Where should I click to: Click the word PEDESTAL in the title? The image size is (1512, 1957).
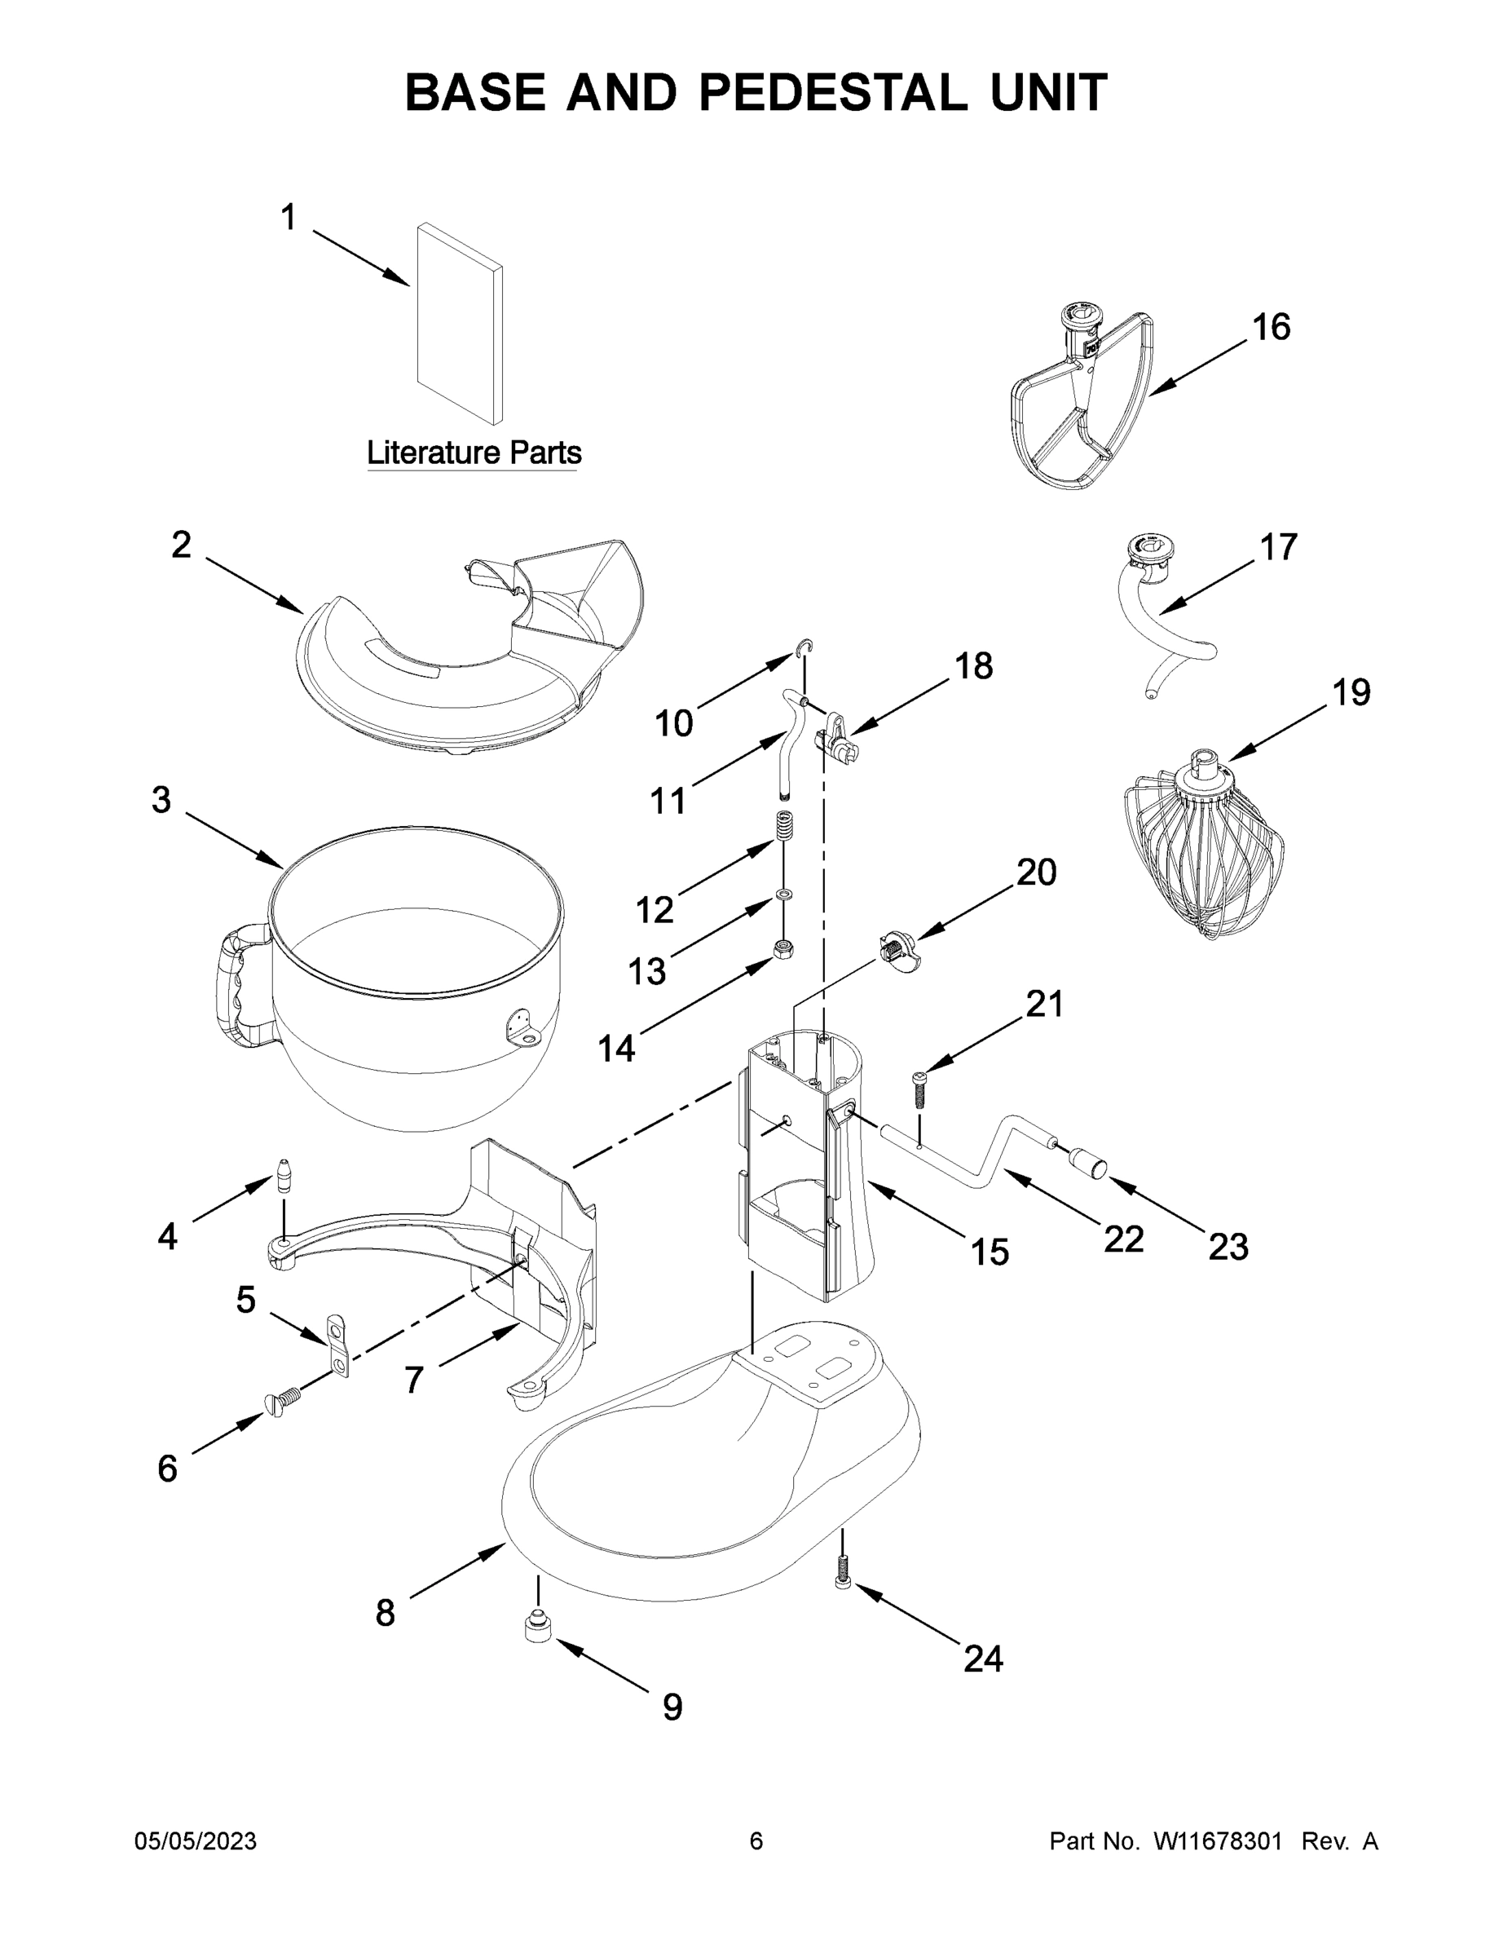[833, 93]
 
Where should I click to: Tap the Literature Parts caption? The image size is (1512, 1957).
[474, 453]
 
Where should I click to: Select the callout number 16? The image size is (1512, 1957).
[1270, 328]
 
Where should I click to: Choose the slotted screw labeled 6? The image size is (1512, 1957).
[281, 1398]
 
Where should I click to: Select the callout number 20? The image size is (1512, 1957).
[1035, 872]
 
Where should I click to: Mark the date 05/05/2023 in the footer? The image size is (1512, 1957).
[196, 1841]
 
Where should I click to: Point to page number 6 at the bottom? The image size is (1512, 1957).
[756, 1841]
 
